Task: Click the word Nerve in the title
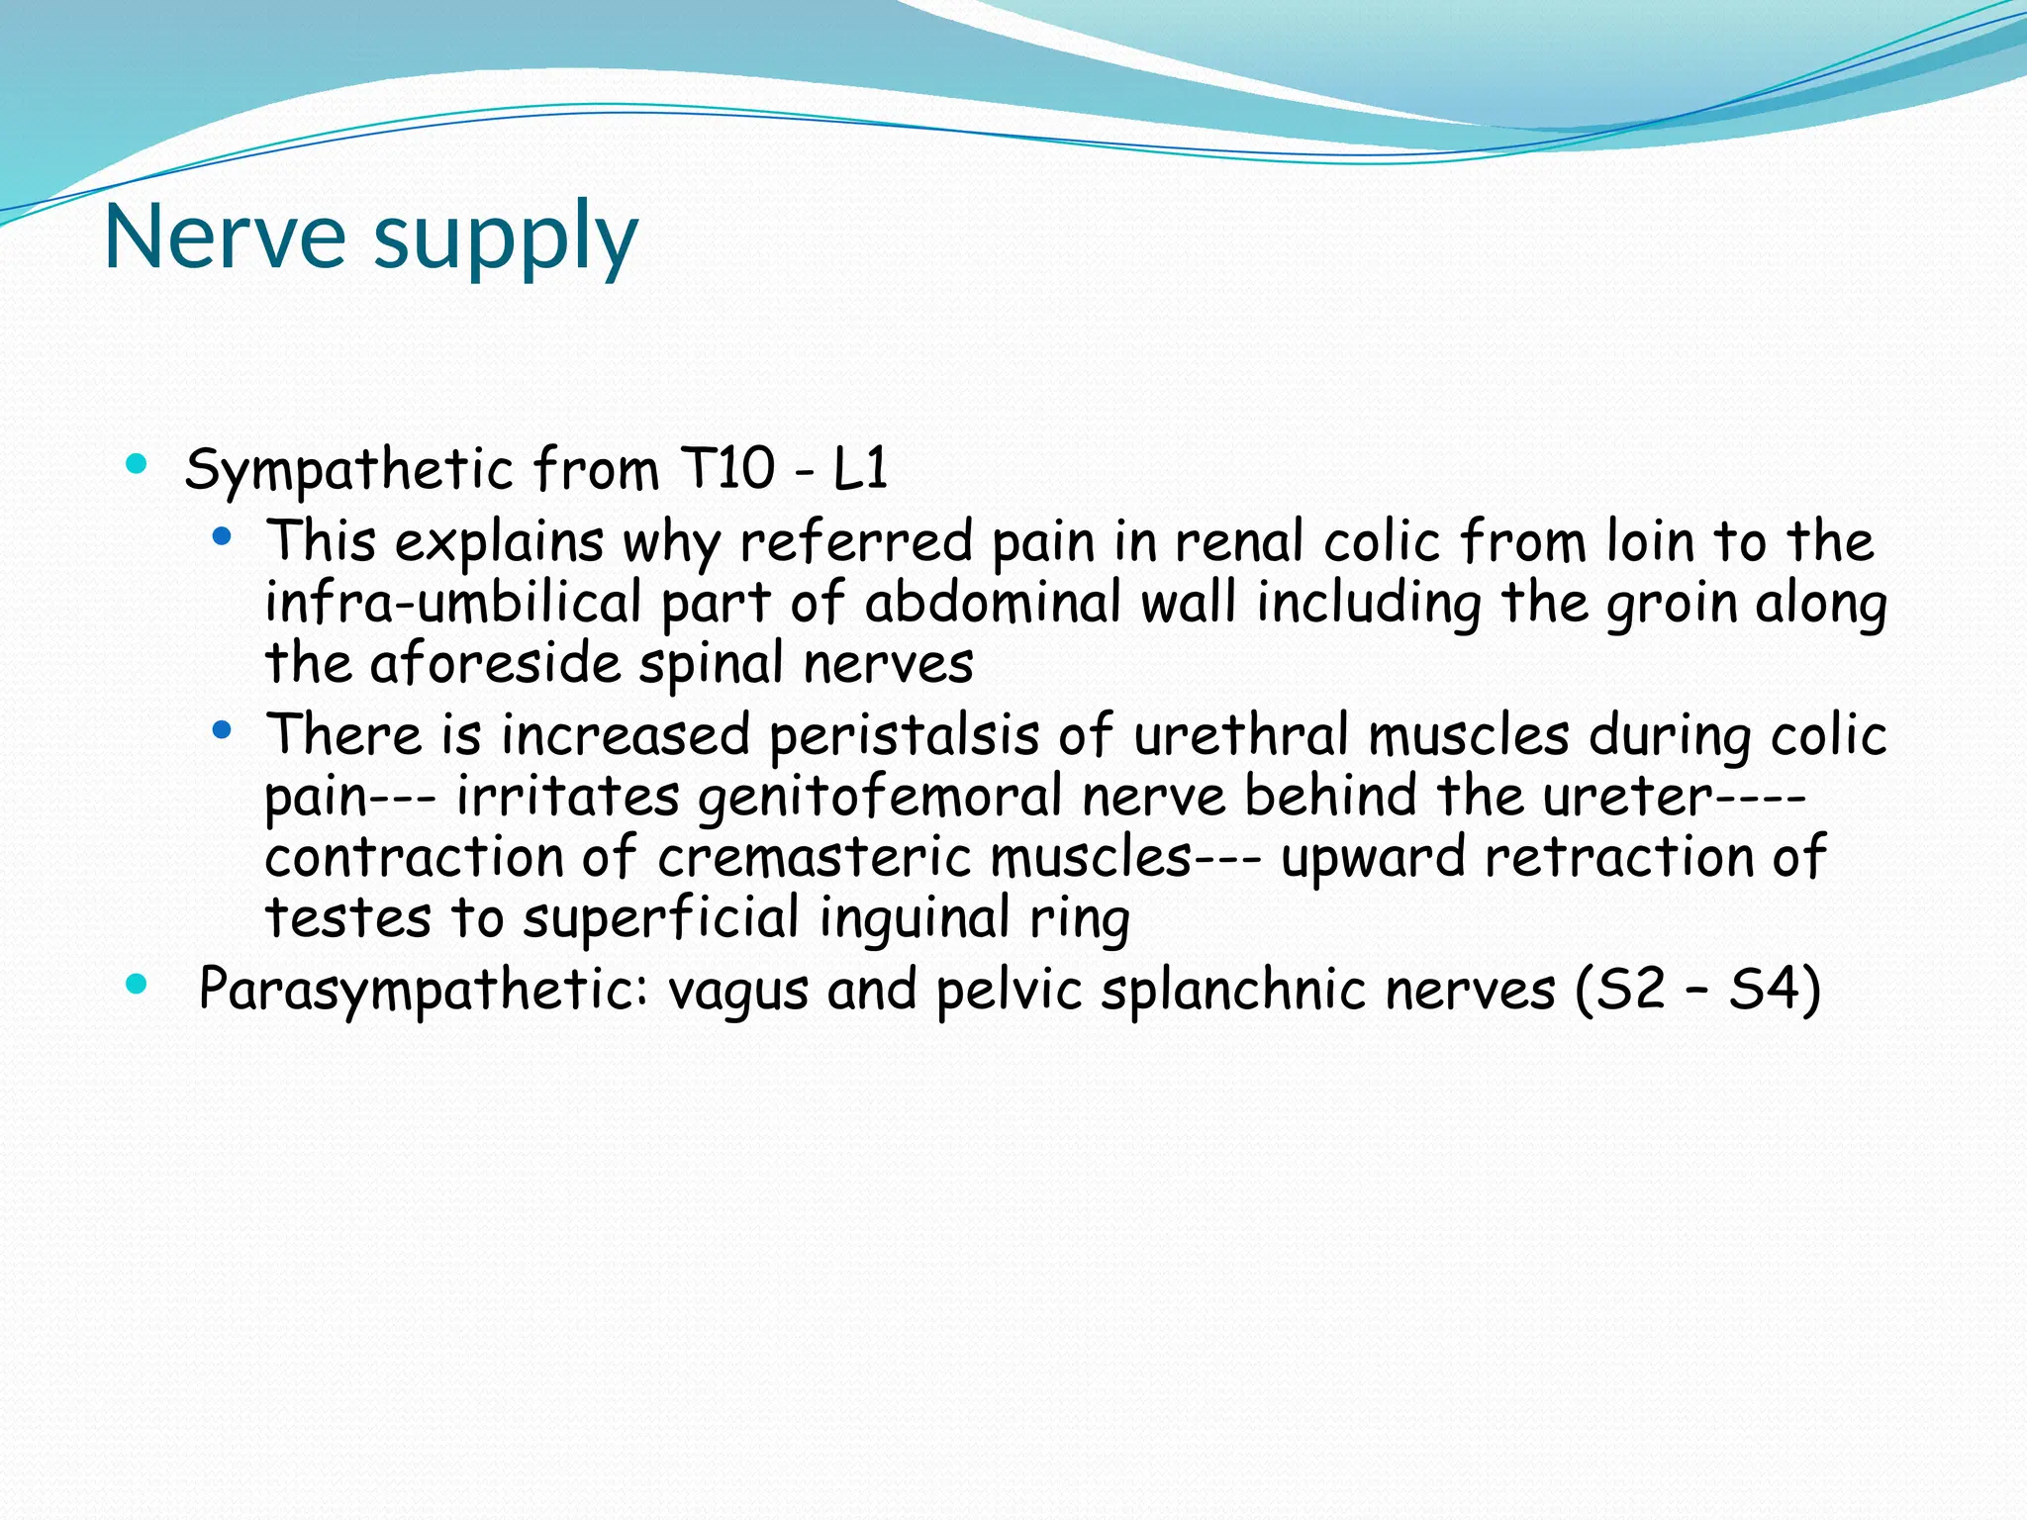[x=225, y=237]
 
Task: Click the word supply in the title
[x=506, y=238]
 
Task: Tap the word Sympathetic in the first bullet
[x=348, y=469]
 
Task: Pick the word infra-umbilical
[x=453, y=603]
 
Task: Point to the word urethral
[x=1241, y=735]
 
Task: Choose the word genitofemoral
[x=880, y=797]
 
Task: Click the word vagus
[x=738, y=991]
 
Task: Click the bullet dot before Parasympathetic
[x=138, y=984]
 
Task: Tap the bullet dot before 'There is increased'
[x=222, y=731]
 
